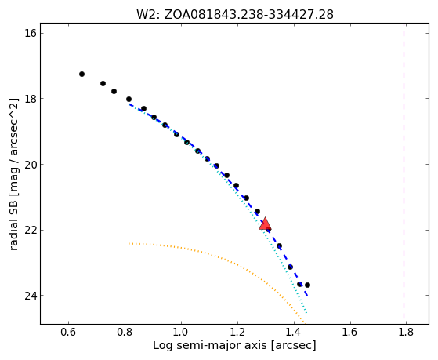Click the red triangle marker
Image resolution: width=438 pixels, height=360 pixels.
click(x=265, y=224)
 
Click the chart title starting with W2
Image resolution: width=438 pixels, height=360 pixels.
click(x=234, y=15)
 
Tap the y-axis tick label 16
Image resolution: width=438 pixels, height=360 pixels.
click(x=31, y=33)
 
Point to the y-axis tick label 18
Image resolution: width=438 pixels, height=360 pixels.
click(x=31, y=99)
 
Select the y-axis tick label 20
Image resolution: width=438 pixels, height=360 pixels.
click(x=31, y=165)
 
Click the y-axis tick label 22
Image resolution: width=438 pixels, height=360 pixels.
click(x=31, y=231)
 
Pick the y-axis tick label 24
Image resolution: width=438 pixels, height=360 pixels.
click(x=31, y=296)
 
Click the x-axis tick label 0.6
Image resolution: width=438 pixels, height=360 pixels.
click(x=68, y=333)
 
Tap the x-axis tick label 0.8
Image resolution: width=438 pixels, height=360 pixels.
click(x=125, y=333)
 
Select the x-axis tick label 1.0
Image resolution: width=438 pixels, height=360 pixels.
click(x=181, y=333)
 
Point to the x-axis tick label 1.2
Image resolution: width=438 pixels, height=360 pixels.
click(x=237, y=333)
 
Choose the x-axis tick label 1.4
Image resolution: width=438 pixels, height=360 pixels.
click(x=294, y=333)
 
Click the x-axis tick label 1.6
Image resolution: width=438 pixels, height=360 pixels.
click(x=350, y=333)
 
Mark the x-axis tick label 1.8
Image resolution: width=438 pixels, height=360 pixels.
click(x=406, y=333)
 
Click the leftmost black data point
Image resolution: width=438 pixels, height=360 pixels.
click(x=81, y=75)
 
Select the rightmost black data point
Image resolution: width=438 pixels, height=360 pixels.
click(x=307, y=285)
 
